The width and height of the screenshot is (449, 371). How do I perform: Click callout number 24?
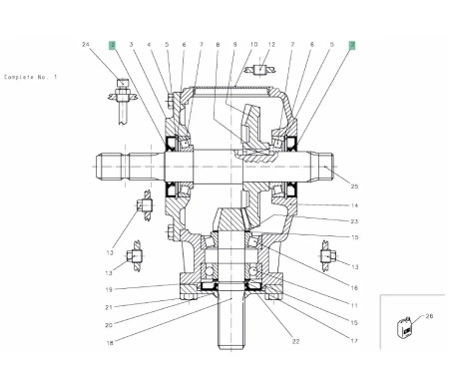[87, 45]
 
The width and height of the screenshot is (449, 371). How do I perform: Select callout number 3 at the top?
[132, 45]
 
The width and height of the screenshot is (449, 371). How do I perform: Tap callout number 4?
[149, 45]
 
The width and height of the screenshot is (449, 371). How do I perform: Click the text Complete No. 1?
[31, 77]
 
